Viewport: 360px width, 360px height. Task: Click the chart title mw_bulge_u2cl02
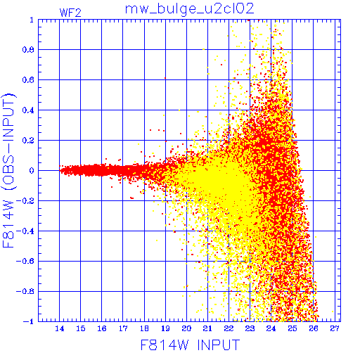tap(189, 9)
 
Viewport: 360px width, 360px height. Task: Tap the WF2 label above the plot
tap(70, 13)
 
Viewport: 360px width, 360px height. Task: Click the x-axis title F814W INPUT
tap(191, 345)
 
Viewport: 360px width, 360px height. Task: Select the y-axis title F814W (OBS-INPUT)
tap(9, 171)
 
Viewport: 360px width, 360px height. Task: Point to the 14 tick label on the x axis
tap(60, 328)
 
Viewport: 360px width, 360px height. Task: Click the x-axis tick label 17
tap(123, 328)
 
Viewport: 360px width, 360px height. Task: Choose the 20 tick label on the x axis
tap(186, 328)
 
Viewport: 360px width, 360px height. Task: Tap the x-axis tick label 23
tap(250, 328)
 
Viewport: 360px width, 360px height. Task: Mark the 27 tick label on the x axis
tap(335, 328)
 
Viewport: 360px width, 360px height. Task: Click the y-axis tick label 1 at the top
tap(32, 20)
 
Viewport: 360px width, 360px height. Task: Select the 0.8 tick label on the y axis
tap(28, 50)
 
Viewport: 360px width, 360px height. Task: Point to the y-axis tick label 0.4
tap(28, 110)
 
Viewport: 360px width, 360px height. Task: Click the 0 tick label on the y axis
tap(32, 171)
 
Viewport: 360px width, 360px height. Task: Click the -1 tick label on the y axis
tap(29, 321)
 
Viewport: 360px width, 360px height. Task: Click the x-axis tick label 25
tap(292, 328)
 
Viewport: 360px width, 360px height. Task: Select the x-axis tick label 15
tap(81, 328)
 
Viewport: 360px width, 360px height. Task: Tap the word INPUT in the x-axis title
tap(219, 345)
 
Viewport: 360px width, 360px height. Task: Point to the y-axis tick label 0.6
tap(28, 80)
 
